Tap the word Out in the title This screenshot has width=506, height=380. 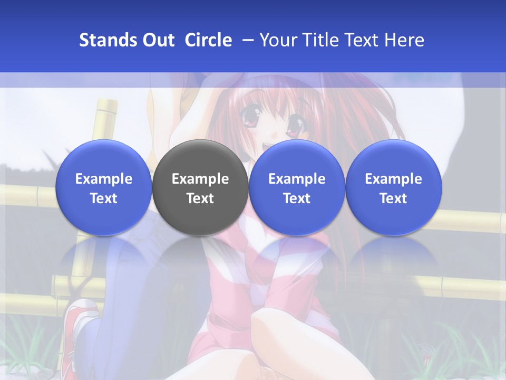tap(157, 40)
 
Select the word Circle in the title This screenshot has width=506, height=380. tap(208, 40)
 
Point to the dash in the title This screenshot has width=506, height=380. tap(246, 40)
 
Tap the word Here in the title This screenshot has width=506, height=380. tap(404, 40)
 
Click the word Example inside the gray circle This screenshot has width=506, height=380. tap(200, 179)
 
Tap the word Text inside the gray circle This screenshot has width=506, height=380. tap(200, 198)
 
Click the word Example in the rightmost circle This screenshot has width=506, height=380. tap(393, 179)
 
